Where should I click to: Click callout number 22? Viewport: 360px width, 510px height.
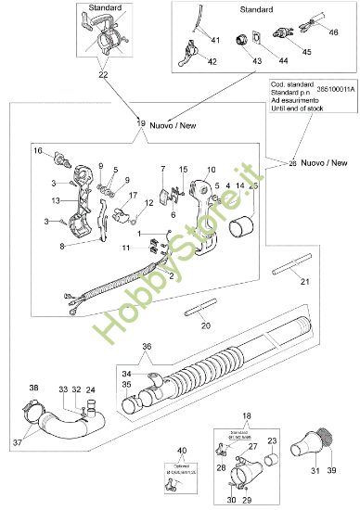[102, 74]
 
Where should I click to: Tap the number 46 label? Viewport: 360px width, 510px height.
[334, 32]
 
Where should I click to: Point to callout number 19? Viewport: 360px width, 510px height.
[141, 122]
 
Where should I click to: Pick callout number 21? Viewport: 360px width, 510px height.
[305, 281]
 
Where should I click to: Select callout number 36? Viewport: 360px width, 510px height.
[147, 347]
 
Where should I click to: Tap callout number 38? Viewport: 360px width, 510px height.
[34, 387]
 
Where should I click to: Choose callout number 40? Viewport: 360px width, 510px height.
[182, 451]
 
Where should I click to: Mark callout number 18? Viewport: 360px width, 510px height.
[245, 418]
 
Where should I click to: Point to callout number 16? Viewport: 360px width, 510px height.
[39, 150]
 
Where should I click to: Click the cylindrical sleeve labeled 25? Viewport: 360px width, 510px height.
[245, 225]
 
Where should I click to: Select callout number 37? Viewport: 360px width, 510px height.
[18, 444]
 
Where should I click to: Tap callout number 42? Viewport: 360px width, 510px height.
[212, 63]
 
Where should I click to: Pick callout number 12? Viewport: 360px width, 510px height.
[149, 202]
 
